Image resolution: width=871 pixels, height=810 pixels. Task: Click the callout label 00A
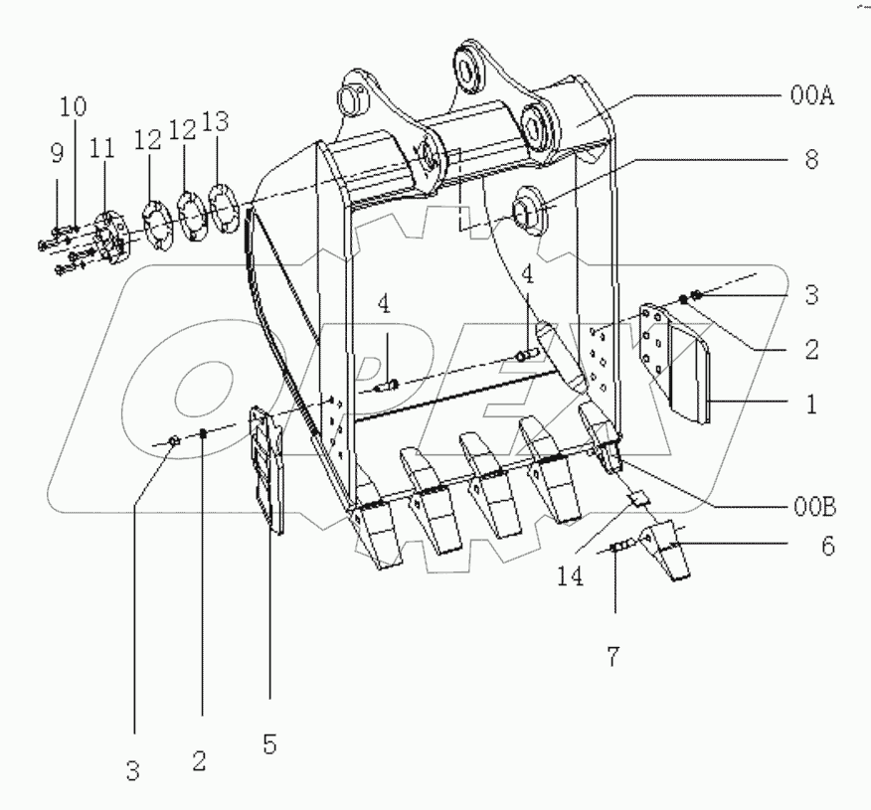coord(811,96)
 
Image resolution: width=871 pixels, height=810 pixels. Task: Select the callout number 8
coord(811,160)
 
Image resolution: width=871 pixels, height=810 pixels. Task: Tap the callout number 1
coord(811,405)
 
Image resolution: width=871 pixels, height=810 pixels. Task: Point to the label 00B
coord(814,508)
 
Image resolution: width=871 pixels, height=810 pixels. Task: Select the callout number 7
coord(614,655)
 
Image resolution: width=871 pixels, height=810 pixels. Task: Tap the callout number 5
coord(269,741)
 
